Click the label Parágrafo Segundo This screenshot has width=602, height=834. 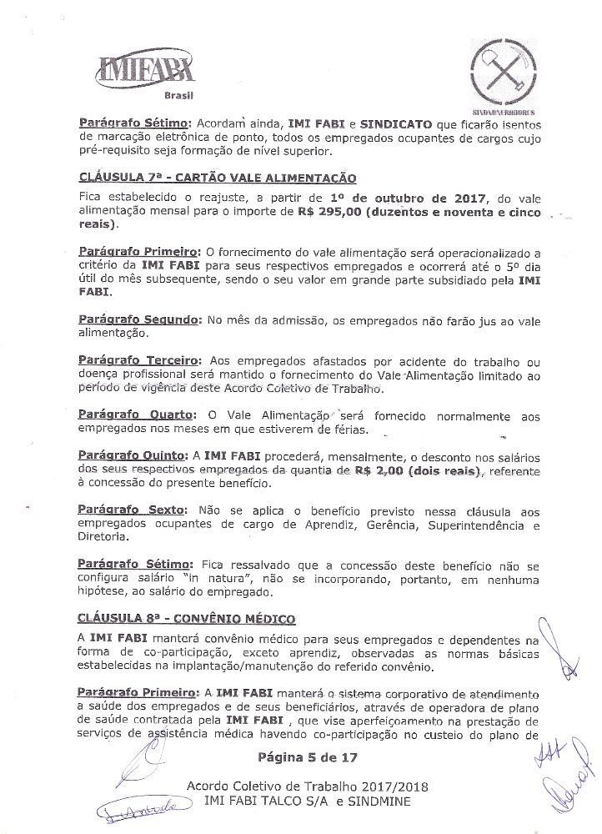[138, 319]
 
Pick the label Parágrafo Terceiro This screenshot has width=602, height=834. [138, 360]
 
